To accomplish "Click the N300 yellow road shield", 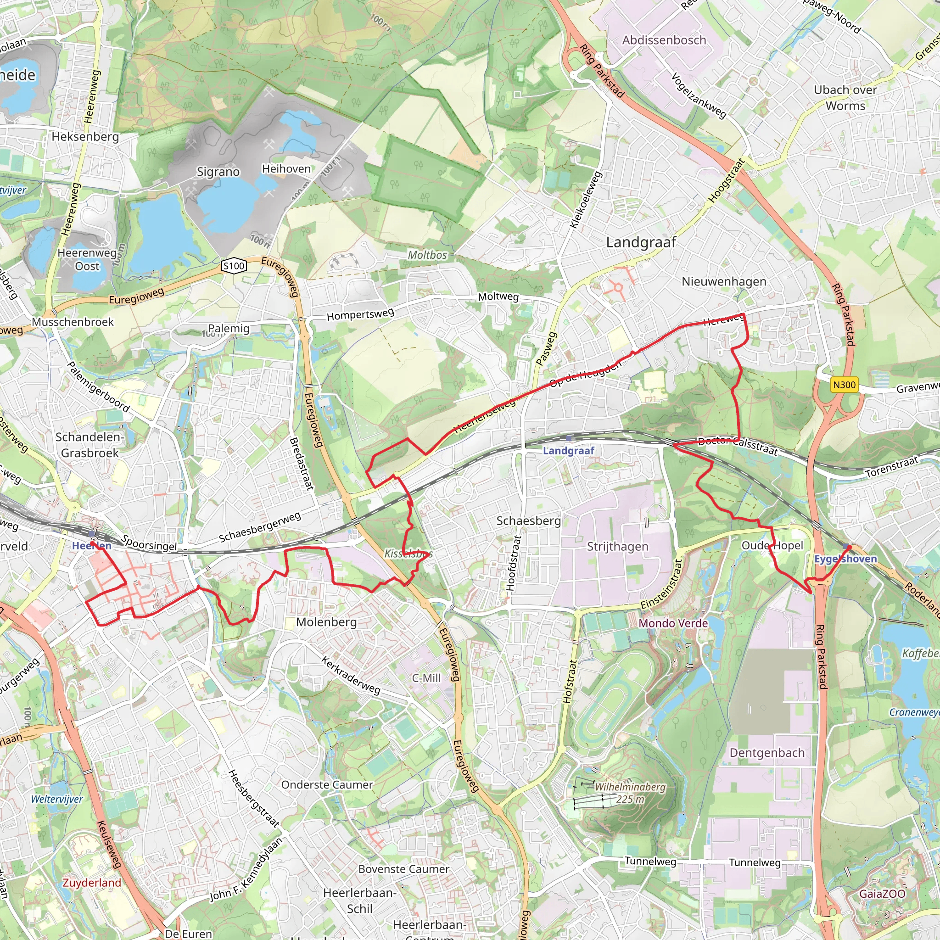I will (x=844, y=385).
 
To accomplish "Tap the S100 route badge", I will (x=234, y=266).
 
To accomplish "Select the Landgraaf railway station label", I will (x=568, y=451).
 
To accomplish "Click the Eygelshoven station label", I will (x=845, y=559).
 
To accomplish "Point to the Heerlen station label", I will (x=91, y=546).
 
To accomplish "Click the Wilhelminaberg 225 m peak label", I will (x=630, y=793).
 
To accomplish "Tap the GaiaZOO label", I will (x=882, y=894).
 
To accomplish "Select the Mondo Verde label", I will (x=673, y=623).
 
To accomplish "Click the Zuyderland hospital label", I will (x=92, y=883).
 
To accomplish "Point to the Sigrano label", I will (x=218, y=172).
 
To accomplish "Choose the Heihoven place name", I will (x=286, y=169).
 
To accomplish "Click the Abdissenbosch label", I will (x=664, y=40).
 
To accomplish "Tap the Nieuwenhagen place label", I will (x=723, y=281).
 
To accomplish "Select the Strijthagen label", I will (x=617, y=546).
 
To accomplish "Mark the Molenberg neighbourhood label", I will (x=326, y=622).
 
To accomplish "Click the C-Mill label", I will (x=426, y=678).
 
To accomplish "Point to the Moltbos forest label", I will (x=427, y=255).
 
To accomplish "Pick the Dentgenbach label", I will (x=767, y=753).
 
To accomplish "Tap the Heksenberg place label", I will (x=85, y=137).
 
